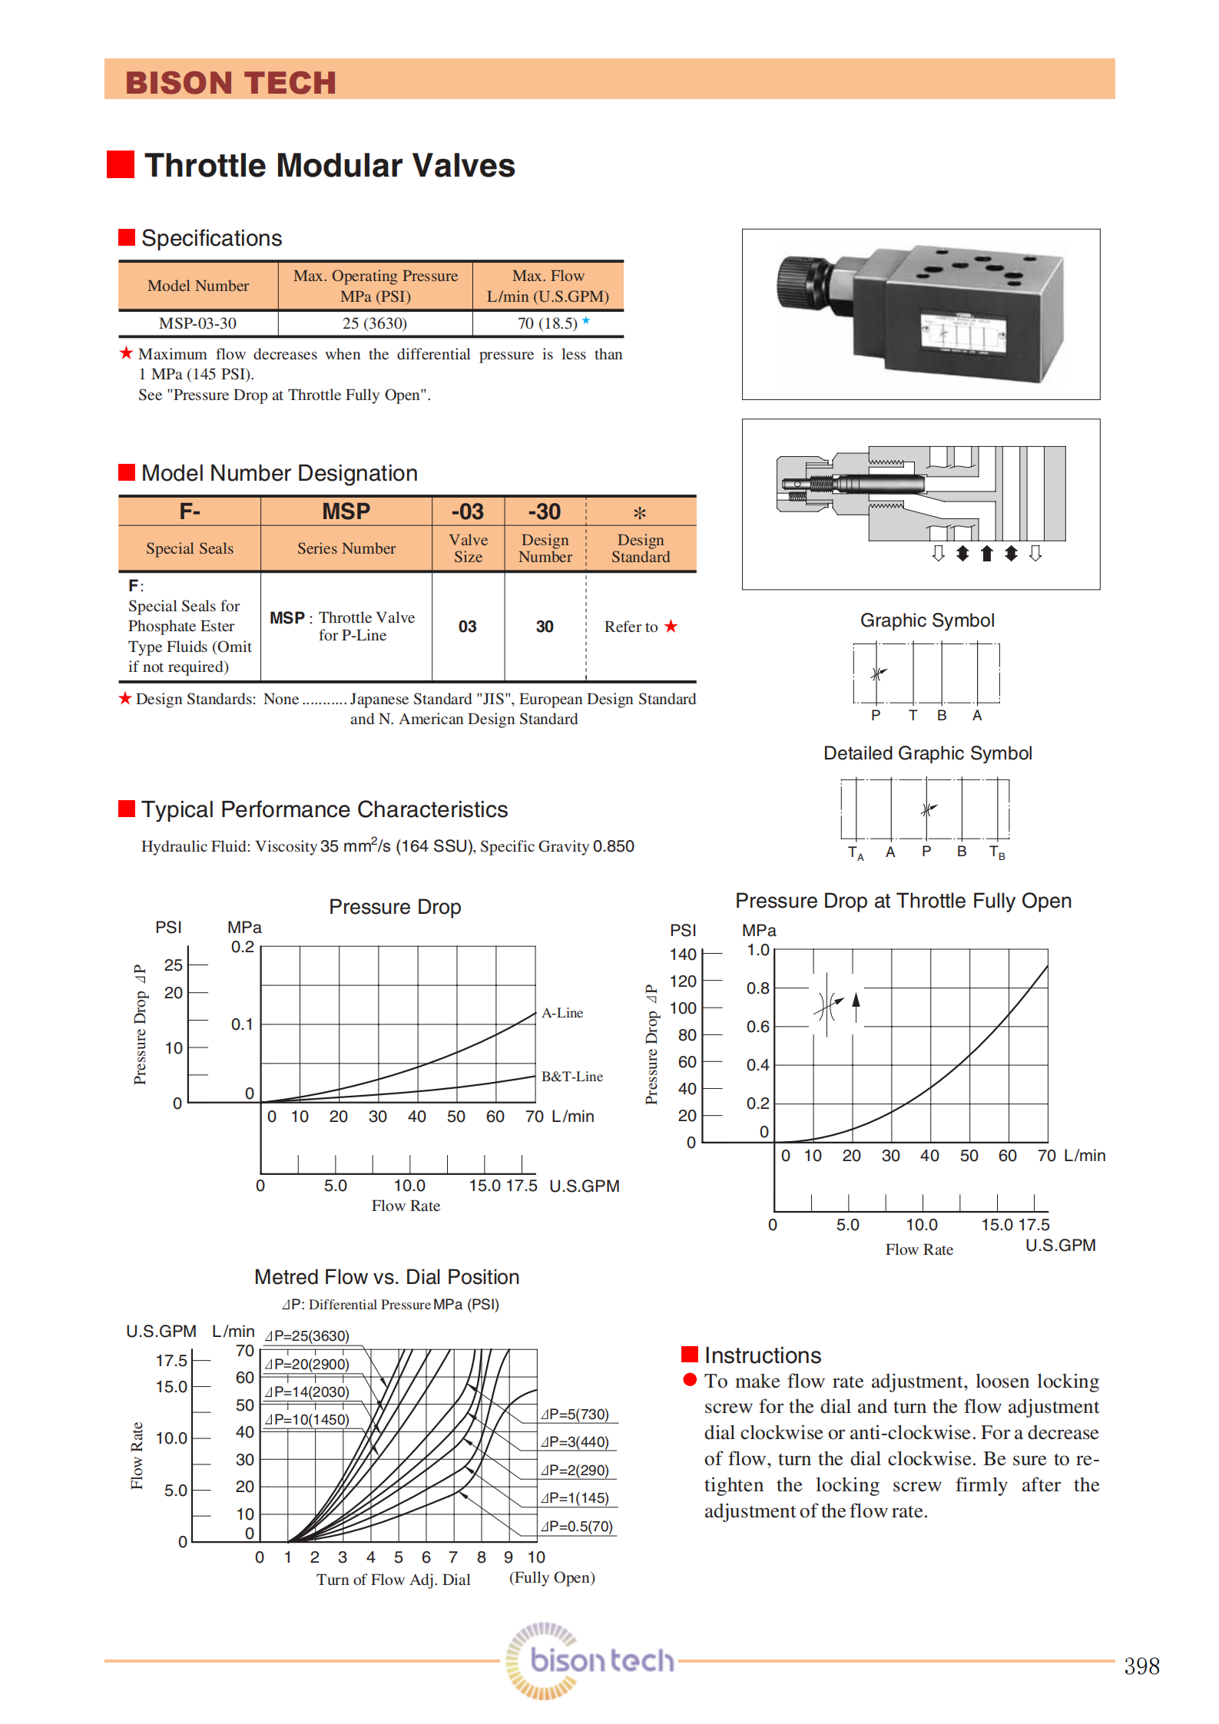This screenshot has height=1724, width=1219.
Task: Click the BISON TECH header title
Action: tap(230, 83)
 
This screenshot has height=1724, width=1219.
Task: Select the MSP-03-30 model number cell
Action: tap(197, 323)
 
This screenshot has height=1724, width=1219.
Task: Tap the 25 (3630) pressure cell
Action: tap(374, 323)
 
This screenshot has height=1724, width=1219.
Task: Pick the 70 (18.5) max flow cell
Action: tap(548, 323)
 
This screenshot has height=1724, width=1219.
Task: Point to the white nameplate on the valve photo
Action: tap(963, 335)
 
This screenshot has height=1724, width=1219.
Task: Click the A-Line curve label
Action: tap(562, 1013)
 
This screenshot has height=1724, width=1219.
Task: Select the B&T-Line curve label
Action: tap(571, 1077)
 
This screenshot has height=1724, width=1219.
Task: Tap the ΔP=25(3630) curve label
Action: tap(307, 1336)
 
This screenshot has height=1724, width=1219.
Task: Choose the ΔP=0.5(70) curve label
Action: tap(577, 1527)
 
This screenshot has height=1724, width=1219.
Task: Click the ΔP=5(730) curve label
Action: tap(575, 1415)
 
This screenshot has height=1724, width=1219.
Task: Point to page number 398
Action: tap(1141, 1666)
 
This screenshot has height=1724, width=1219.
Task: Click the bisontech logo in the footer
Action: tap(591, 1660)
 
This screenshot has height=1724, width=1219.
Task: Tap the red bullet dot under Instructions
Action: tap(690, 1380)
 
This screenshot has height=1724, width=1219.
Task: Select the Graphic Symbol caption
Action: tap(927, 620)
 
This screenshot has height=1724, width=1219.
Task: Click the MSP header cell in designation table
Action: tap(346, 511)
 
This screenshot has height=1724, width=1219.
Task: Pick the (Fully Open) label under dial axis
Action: tap(552, 1577)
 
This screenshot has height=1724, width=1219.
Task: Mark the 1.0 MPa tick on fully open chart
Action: tap(758, 950)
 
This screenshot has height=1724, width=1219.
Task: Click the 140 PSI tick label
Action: tap(683, 955)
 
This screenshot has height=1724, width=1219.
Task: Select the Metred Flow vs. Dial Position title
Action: tap(387, 1277)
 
